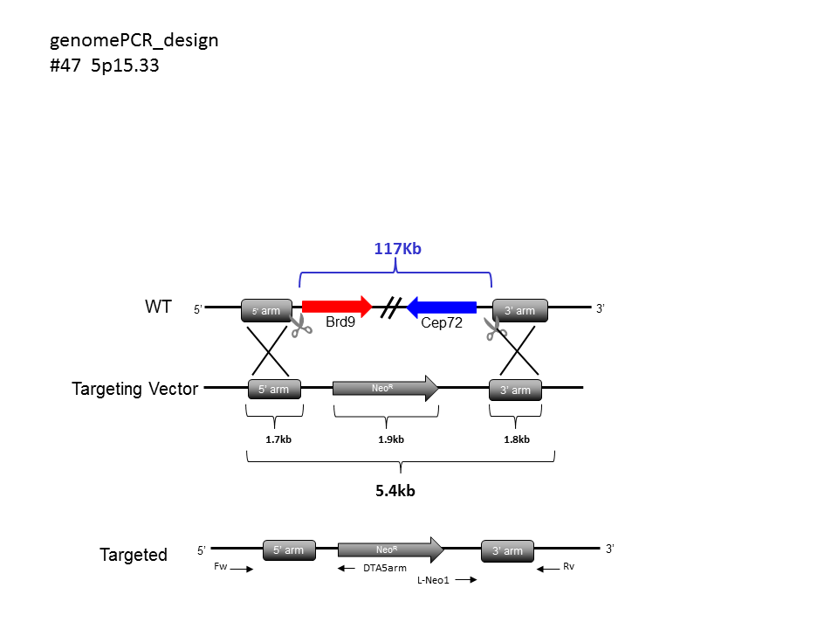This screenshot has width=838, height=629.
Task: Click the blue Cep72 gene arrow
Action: [442, 307]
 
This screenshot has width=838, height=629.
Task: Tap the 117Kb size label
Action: [398, 249]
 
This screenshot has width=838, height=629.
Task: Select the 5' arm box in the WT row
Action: [267, 310]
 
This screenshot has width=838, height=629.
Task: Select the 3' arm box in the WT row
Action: [520, 310]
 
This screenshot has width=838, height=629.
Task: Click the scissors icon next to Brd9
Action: [301, 326]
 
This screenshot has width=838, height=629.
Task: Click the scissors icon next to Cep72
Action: [496, 328]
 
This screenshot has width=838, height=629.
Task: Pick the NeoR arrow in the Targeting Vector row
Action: [385, 388]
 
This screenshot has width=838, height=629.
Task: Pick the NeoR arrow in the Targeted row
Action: [391, 550]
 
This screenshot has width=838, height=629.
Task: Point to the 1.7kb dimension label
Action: [278, 439]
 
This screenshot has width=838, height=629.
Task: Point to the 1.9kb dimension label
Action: [391, 439]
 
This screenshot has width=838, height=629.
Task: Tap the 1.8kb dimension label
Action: [517, 439]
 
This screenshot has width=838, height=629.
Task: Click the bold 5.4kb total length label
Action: [395, 491]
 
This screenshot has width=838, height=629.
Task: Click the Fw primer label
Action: [221, 566]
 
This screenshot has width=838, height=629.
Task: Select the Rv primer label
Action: [568, 566]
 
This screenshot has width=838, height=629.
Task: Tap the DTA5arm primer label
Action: [385, 568]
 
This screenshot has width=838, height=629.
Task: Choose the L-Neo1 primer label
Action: [434, 580]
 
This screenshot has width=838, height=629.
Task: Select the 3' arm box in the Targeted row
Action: [508, 551]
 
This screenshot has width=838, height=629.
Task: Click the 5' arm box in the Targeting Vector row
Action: [274, 389]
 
